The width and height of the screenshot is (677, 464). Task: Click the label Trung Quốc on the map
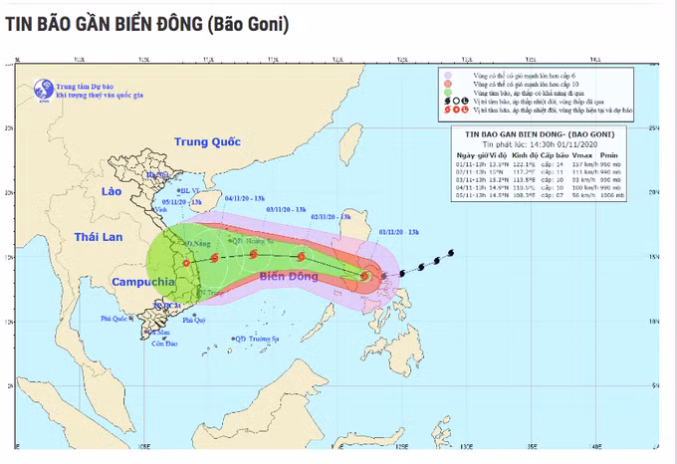208,142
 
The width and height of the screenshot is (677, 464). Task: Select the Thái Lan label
103,236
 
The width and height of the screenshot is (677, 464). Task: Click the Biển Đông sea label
262,280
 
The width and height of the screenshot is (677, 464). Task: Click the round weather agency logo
43,88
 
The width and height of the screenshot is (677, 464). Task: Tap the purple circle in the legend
449,75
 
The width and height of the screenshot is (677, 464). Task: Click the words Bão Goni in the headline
248,24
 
